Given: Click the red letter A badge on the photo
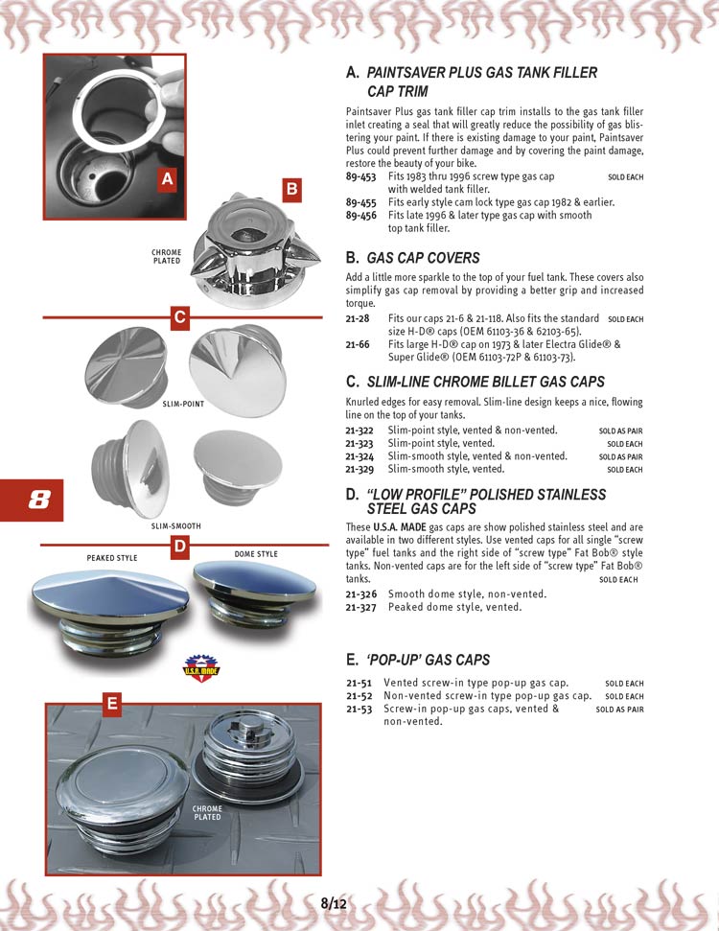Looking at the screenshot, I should tap(167, 179).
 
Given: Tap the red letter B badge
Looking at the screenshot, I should tap(291, 190).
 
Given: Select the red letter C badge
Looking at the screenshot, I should tap(178, 318).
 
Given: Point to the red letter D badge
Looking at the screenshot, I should tap(178, 547).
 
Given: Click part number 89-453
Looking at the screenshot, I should tap(360, 177).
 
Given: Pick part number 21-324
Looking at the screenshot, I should tap(360, 456).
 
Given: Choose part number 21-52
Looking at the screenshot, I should tap(359, 696).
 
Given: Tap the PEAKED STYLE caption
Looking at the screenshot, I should tap(111, 558).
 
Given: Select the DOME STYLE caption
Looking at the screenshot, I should tap(256, 554).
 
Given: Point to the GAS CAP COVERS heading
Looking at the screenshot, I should tap(423, 258).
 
